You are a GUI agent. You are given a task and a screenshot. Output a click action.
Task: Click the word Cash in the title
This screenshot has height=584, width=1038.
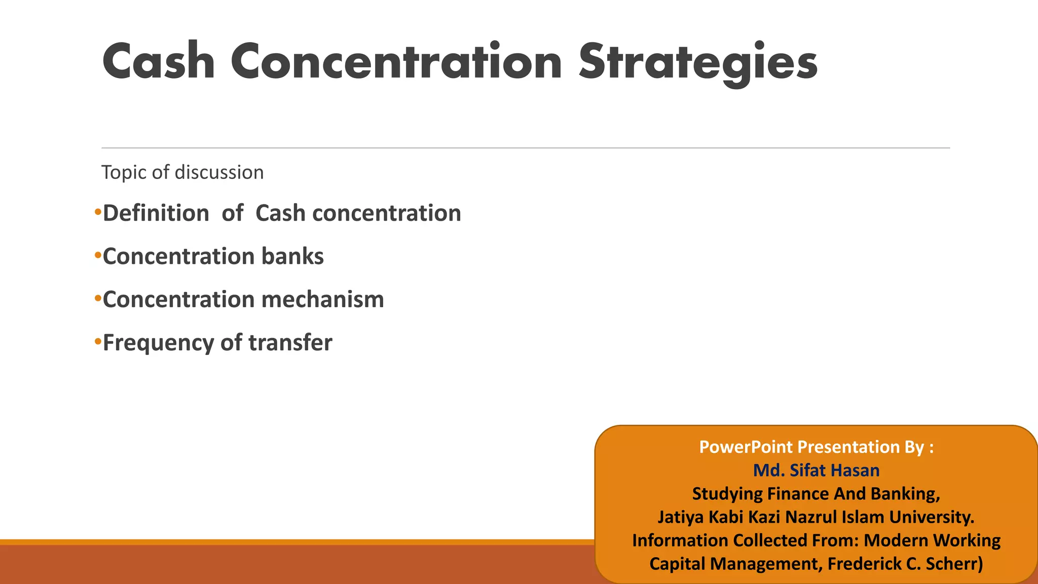click(158, 62)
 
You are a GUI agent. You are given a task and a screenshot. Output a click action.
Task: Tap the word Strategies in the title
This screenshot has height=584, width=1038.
click(698, 62)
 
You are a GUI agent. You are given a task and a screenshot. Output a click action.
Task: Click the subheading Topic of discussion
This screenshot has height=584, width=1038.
click(182, 172)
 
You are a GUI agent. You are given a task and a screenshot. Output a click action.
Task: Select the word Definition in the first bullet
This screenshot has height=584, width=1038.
click(156, 213)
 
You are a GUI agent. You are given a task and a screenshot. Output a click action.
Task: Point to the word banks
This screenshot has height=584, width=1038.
click(292, 256)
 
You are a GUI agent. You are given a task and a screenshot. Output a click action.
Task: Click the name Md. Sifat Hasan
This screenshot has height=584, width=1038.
click(816, 470)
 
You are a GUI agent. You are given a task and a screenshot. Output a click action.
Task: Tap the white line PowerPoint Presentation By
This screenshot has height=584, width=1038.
click(816, 447)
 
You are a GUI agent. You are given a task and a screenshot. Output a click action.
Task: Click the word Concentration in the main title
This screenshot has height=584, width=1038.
click(396, 62)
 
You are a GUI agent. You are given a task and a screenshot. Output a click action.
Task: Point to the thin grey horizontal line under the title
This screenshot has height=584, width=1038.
click(525, 148)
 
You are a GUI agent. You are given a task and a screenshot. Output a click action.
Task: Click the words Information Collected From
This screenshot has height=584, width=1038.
click(745, 540)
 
